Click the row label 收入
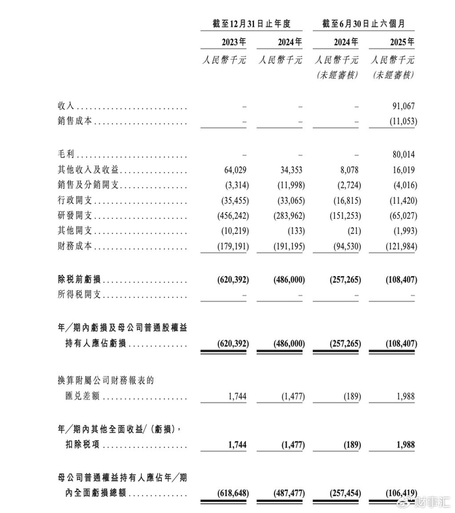pyautogui.click(x=67, y=106)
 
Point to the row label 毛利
pyautogui.click(x=67, y=155)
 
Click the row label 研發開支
pyautogui.click(x=77, y=216)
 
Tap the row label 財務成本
pyautogui.click(x=77, y=246)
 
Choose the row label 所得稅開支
pyautogui.click(x=81, y=295)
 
